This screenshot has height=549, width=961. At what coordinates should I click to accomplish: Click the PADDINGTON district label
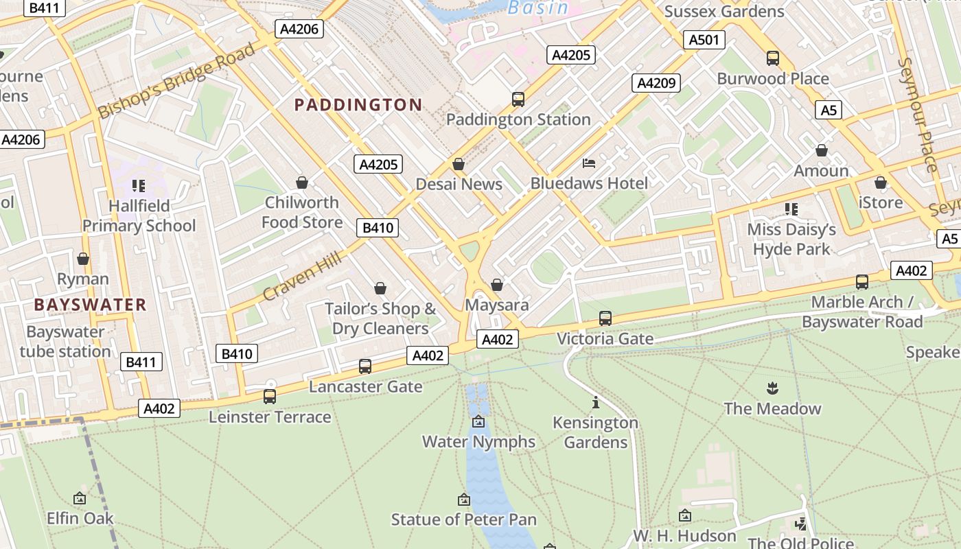(358, 105)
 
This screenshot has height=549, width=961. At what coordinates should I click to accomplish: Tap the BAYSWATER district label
(90, 305)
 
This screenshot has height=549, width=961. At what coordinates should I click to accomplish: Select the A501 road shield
(704, 40)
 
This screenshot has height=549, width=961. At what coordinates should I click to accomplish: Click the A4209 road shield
(656, 83)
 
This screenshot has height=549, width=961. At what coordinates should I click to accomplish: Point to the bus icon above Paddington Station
(518, 100)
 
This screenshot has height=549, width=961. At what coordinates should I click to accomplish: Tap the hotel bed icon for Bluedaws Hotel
(589, 163)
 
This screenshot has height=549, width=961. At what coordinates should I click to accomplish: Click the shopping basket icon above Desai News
(459, 164)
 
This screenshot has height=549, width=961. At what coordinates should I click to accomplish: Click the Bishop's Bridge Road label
(176, 80)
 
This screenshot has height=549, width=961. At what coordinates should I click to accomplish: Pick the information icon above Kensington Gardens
(596, 402)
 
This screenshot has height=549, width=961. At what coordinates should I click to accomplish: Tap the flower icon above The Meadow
(772, 388)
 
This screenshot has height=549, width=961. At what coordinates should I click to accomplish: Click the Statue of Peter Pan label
(464, 519)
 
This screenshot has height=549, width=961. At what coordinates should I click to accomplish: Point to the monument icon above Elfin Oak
(80, 498)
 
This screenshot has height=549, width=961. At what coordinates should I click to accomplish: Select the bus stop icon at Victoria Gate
(605, 318)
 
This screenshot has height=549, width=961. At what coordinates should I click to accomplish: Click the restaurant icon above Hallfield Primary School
(139, 185)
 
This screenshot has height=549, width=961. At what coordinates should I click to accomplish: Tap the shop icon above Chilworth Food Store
(301, 183)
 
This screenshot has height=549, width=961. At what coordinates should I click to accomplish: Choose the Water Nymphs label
(478, 441)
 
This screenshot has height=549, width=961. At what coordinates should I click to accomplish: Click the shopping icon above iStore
(881, 183)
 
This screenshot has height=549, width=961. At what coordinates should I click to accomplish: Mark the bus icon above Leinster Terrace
(270, 397)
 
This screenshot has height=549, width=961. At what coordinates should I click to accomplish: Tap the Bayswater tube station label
(65, 342)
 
